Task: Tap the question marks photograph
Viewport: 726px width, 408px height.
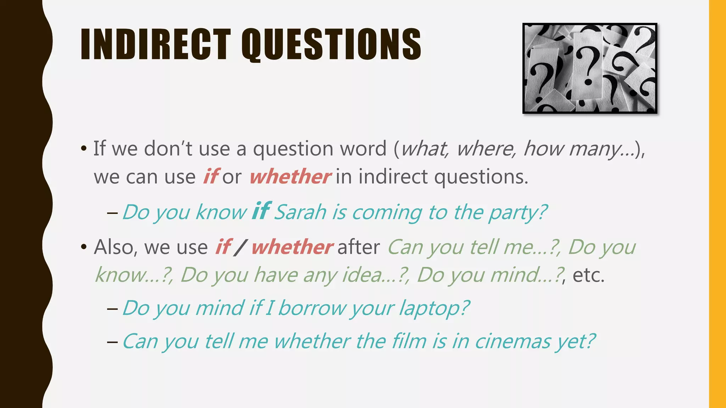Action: click(590, 68)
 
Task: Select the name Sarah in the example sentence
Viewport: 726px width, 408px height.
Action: click(300, 212)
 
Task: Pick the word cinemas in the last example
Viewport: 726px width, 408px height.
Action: click(513, 341)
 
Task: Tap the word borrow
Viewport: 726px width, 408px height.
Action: click(311, 308)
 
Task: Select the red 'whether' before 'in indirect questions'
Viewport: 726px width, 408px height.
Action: click(290, 177)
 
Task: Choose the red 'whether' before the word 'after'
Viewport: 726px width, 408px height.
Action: click(292, 247)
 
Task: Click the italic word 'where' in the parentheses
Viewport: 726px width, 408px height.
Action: click(485, 148)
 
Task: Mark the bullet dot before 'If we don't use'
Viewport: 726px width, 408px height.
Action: click(84, 148)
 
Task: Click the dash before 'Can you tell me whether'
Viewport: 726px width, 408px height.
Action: click(112, 342)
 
